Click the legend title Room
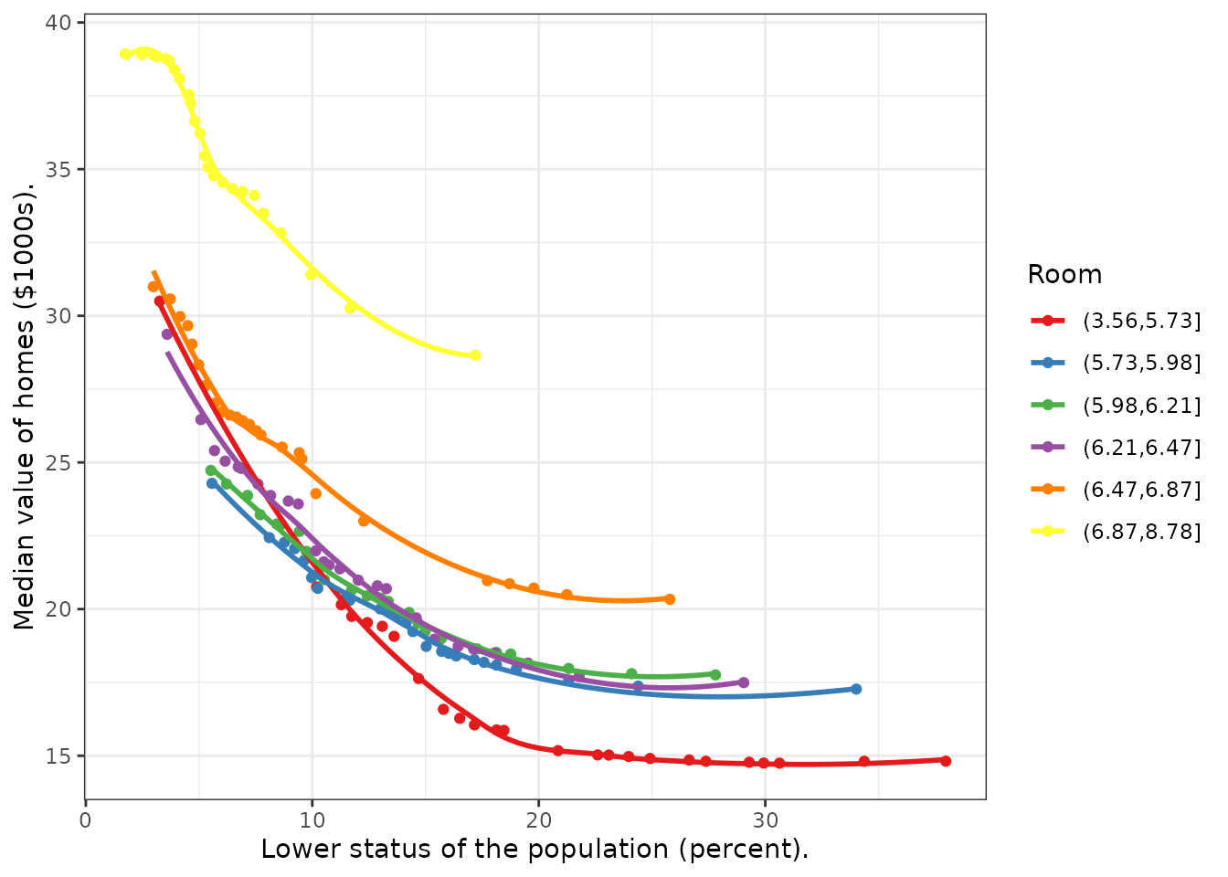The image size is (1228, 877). (x=1064, y=275)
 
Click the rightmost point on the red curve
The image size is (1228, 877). (x=945, y=761)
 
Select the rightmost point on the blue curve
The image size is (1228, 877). (x=855, y=689)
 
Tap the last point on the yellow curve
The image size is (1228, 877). (x=475, y=355)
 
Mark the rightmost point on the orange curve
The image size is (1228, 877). (x=670, y=599)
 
